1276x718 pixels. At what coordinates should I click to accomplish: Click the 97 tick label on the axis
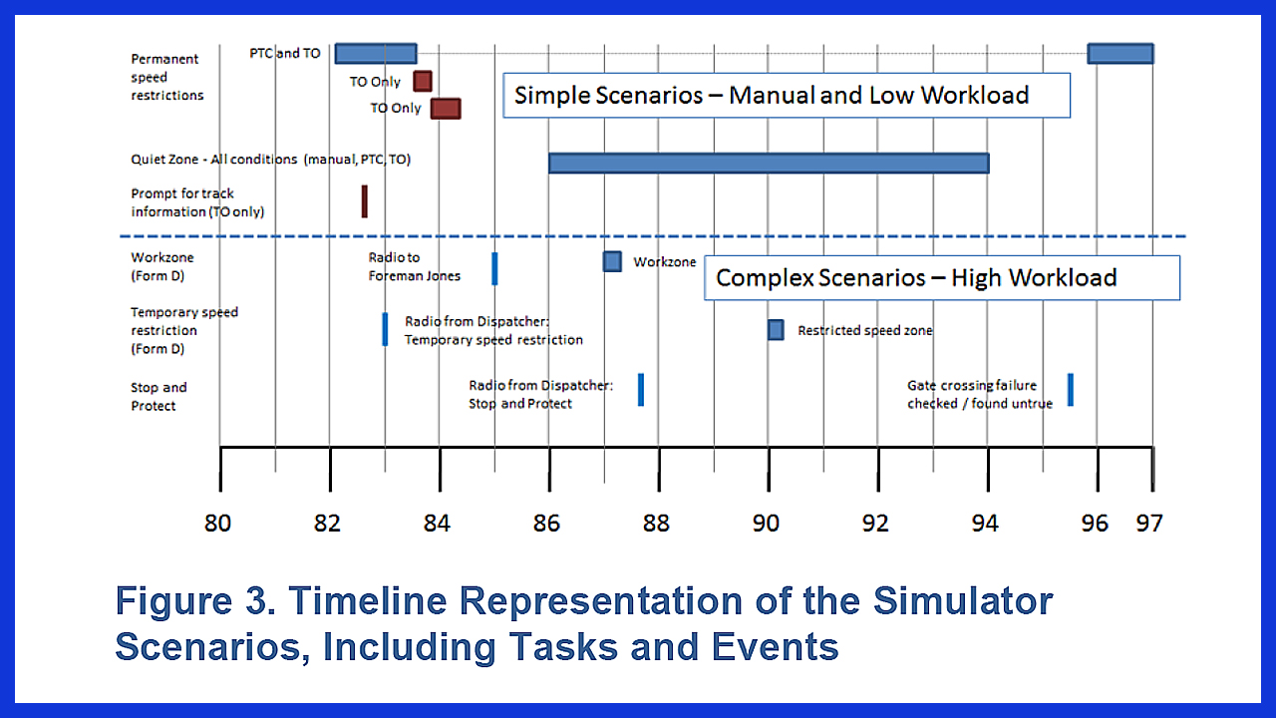(1149, 524)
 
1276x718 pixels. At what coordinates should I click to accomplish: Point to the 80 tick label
(217, 524)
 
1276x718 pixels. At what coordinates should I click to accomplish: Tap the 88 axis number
(656, 524)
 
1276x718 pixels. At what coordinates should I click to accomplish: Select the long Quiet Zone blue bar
(769, 164)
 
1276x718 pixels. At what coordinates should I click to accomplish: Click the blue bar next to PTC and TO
(376, 54)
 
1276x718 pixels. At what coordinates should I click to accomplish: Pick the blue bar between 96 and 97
(1120, 54)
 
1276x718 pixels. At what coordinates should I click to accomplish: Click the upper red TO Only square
(423, 82)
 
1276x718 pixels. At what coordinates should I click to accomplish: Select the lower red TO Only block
(446, 109)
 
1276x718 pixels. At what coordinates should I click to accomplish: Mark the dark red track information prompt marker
(365, 201)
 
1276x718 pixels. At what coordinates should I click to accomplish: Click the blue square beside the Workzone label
(612, 262)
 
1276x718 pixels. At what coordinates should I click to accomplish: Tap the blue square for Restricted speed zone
(776, 330)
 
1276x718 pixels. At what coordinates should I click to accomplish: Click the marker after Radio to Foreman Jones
(494, 268)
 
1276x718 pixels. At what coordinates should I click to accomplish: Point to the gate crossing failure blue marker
(1071, 390)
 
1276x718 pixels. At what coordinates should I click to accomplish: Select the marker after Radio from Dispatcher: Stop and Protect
(641, 390)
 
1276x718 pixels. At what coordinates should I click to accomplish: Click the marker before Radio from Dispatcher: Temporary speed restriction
(385, 329)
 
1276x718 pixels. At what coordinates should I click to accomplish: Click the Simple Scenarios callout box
(787, 95)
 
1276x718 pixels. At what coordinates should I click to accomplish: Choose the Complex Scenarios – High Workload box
(942, 278)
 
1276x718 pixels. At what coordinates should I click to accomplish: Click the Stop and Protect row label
(159, 397)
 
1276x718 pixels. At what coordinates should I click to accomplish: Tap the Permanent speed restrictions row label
(166, 77)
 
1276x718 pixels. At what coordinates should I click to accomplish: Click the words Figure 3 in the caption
(195, 601)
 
